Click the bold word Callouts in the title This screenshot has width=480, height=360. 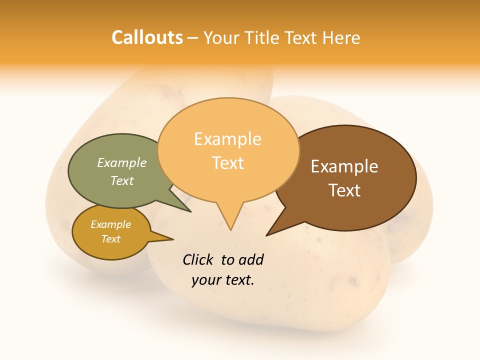tap(147, 37)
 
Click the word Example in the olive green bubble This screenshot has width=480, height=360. tap(122, 162)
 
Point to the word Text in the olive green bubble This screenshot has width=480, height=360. tap(122, 180)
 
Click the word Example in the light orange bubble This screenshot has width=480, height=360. tap(227, 139)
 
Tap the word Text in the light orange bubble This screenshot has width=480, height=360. tap(228, 162)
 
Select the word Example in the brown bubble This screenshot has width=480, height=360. tap(344, 166)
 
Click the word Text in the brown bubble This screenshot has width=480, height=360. tap(345, 190)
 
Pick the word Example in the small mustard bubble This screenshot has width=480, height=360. tap(110, 224)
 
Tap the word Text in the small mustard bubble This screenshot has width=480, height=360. tap(110, 239)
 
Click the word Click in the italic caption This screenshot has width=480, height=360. tap(198, 259)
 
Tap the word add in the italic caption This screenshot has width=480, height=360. tap(251, 259)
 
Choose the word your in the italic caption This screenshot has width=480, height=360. tap(205, 280)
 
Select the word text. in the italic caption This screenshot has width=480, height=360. tap(238, 280)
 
